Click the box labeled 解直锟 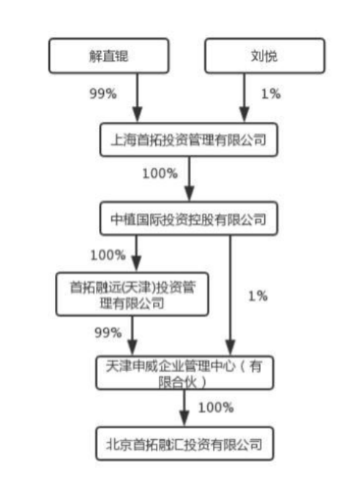(x=109, y=55)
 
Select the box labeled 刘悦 (x=265, y=55)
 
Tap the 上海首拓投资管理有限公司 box (x=189, y=140)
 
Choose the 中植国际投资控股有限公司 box (x=189, y=218)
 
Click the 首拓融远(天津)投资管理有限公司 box (x=132, y=294)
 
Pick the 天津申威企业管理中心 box (x=185, y=373)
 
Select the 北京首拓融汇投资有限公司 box (x=185, y=444)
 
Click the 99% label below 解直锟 (x=103, y=94)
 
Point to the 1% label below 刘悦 (x=271, y=94)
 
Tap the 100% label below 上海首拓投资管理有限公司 (x=160, y=174)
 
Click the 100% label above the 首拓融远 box (x=107, y=255)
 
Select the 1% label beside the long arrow (x=258, y=296)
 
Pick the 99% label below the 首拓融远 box (x=107, y=332)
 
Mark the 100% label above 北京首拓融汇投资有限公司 (x=216, y=407)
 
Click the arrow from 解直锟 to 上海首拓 (x=137, y=98)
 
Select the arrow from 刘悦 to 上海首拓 (x=244, y=98)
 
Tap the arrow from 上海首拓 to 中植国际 (x=189, y=179)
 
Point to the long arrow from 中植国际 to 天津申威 (x=230, y=295)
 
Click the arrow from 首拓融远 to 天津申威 (x=132, y=336)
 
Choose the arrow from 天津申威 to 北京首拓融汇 (x=184, y=409)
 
